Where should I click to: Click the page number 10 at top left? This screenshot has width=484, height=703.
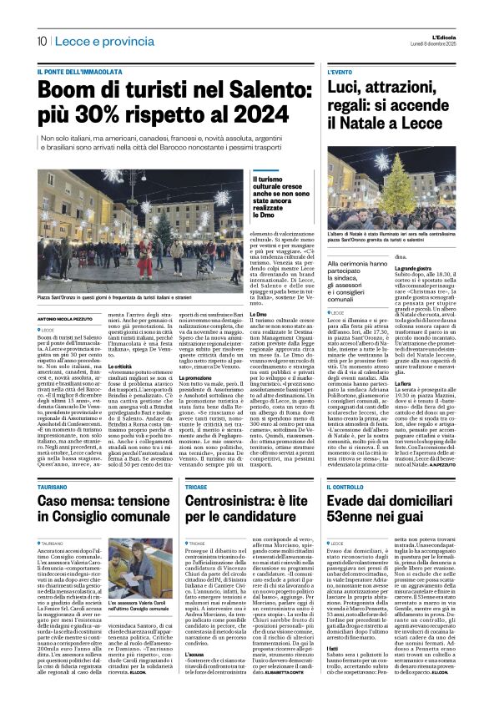click(x=41, y=41)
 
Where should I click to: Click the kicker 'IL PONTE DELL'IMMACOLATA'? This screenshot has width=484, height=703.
click(x=78, y=73)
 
